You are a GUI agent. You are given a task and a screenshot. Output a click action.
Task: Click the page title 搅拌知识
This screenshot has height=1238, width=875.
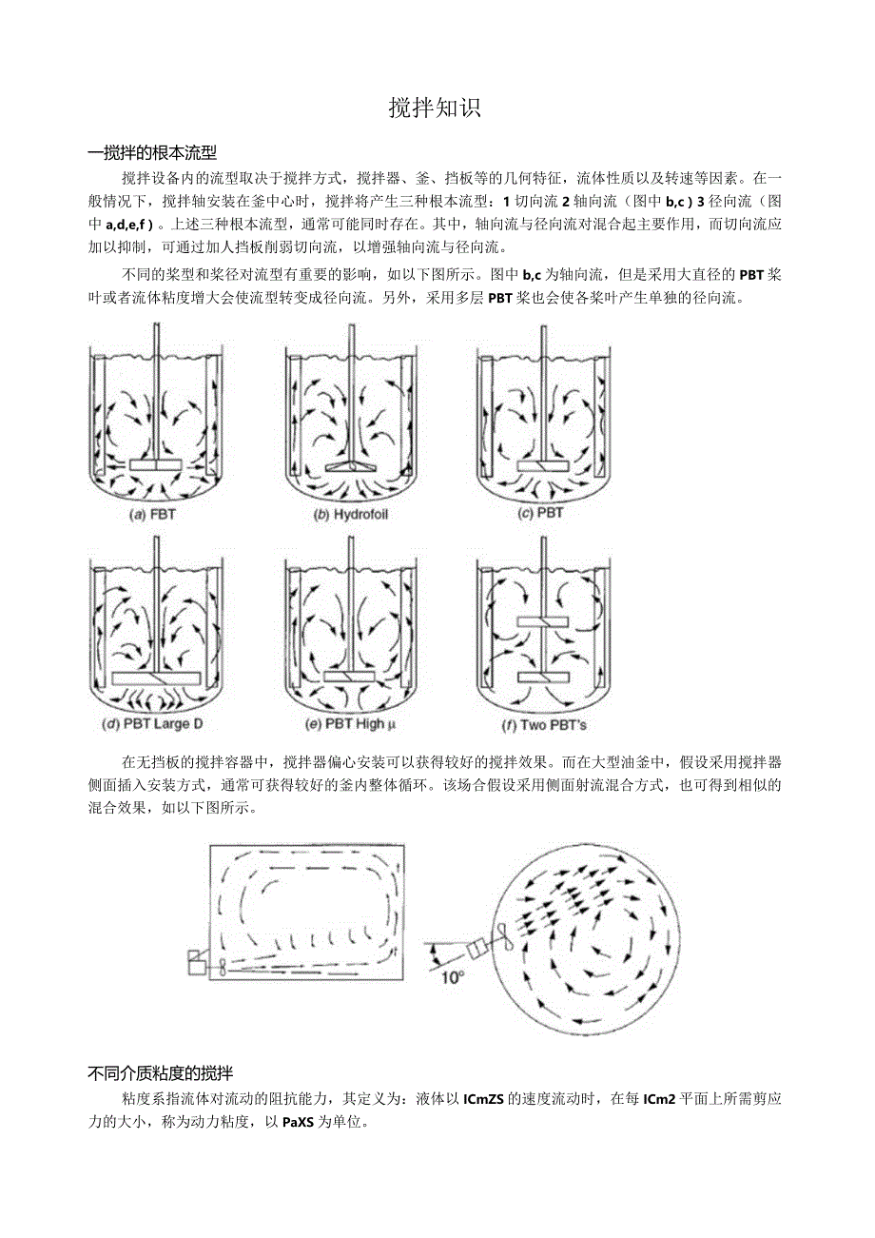click(436, 108)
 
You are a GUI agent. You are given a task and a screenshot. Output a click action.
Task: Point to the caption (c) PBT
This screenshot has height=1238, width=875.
click(540, 513)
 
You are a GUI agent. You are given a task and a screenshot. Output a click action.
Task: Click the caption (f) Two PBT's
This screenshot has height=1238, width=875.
click(540, 724)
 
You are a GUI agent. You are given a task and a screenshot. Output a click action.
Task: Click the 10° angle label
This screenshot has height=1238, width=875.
click(453, 976)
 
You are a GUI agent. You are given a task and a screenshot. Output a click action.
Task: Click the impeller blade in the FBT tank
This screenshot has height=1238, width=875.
click(155, 466)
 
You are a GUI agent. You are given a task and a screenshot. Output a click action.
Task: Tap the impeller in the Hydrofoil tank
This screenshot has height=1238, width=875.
click(351, 466)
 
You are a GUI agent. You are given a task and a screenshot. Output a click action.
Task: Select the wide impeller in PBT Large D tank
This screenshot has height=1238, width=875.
click(155, 678)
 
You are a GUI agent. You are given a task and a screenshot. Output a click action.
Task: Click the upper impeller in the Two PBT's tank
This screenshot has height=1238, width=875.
click(541, 621)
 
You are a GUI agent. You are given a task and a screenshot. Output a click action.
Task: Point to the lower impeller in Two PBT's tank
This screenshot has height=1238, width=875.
click(541, 678)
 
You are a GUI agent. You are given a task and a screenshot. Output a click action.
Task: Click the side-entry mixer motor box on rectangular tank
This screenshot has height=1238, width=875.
click(198, 963)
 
